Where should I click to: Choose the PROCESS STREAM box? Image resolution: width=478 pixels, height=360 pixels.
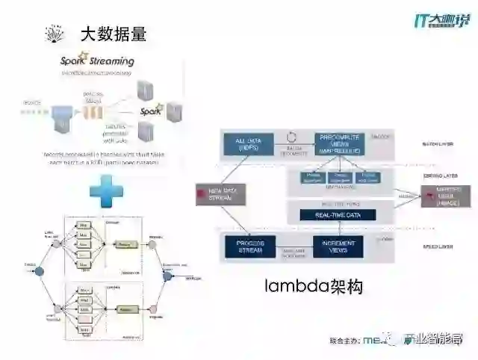point(250,246)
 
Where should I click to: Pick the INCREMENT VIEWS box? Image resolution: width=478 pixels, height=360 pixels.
point(338,246)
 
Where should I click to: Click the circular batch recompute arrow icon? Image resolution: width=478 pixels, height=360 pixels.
point(293,139)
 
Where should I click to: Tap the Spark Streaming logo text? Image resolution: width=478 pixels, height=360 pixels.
point(98,60)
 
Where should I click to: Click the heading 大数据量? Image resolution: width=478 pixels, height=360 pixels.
point(114,34)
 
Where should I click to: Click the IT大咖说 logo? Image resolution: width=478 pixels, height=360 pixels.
point(441,19)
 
